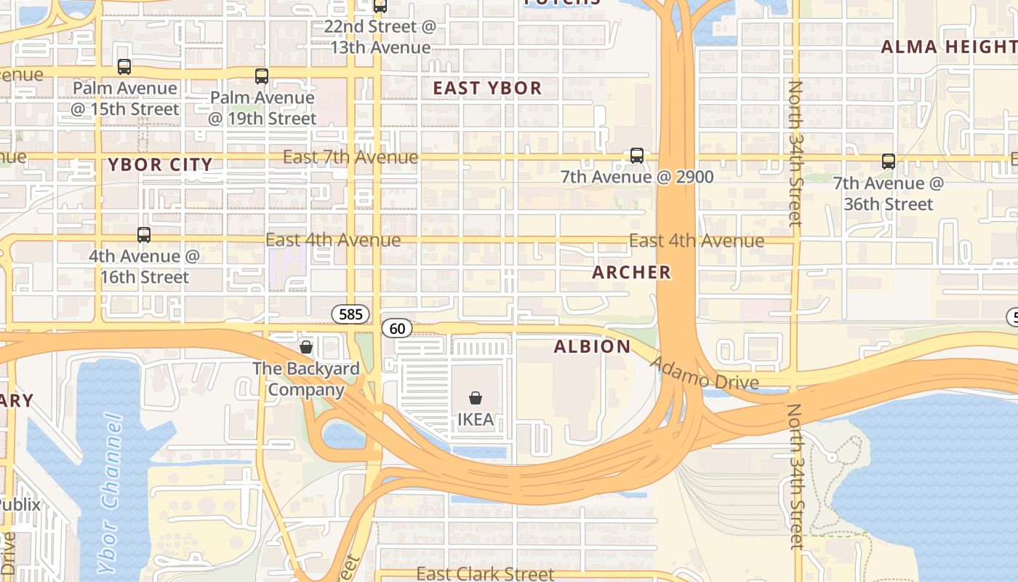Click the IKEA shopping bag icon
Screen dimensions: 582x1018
click(x=475, y=398)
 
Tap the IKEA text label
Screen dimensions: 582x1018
click(x=475, y=420)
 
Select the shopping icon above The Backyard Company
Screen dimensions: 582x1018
click(x=306, y=347)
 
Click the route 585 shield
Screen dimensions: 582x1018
click(x=350, y=314)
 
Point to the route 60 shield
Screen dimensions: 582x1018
click(x=397, y=329)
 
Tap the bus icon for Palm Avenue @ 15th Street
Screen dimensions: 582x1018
click(x=124, y=67)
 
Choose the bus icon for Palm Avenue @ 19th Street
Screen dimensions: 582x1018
click(x=262, y=76)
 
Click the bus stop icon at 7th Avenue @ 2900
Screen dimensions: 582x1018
click(x=637, y=156)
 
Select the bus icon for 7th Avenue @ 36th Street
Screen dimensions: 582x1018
click(x=888, y=162)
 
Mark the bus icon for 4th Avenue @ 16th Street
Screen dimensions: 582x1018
click(x=144, y=235)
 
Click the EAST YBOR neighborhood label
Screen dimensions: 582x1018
click(x=487, y=89)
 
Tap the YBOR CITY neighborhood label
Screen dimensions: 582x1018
click(x=160, y=164)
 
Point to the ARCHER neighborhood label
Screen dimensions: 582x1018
click(x=631, y=273)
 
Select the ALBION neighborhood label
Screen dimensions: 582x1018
click(x=592, y=346)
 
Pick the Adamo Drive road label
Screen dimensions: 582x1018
click(x=704, y=373)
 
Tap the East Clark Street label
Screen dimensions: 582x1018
click(x=485, y=574)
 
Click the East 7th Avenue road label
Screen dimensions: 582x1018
click(x=350, y=157)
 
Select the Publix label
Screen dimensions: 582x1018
click(x=20, y=504)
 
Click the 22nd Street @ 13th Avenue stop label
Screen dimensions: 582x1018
click(x=380, y=37)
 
